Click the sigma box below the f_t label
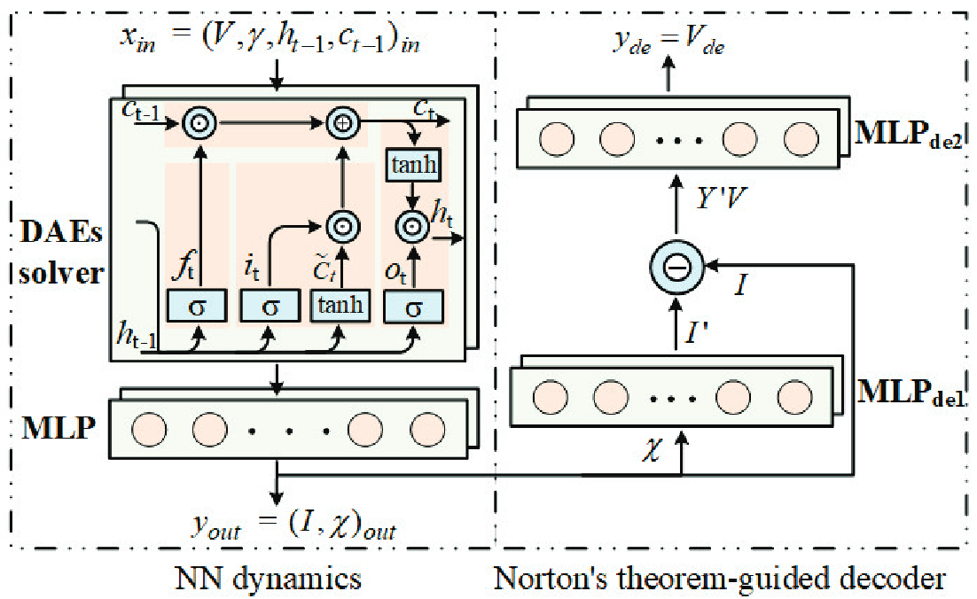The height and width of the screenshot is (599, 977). [x=198, y=307]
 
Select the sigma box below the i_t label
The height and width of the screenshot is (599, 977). [x=270, y=307]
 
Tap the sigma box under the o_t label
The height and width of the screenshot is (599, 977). [x=412, y=307]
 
